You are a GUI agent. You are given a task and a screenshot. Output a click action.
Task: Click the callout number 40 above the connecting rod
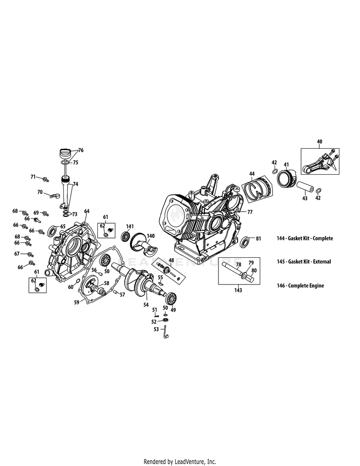click(320, 142)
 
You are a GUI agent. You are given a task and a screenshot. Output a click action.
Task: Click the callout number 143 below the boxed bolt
click(238, 290)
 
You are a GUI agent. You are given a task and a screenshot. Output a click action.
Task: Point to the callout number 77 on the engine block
click(250, 211)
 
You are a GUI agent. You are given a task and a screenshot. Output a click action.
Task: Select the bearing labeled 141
click(127, 236)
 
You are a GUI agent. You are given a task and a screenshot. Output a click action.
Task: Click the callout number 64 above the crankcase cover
click(87, 211)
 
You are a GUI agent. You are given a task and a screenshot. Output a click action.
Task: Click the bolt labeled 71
click(45, 179)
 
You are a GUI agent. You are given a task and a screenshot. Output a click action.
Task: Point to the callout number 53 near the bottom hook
click(156, 329)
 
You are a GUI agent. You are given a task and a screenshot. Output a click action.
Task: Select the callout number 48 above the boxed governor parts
click(171, 260)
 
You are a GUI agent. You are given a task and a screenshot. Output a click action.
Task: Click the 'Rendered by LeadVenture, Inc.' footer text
click(180, 462)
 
